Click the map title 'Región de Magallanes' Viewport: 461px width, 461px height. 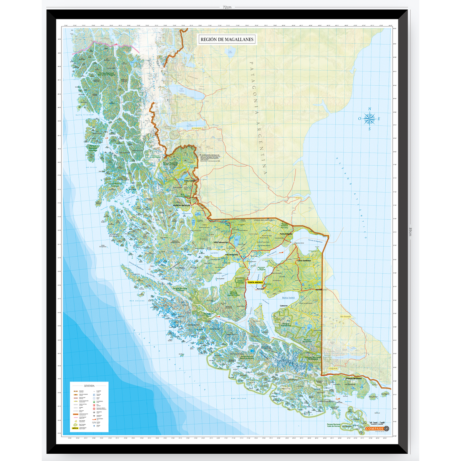pyautogui.click(x=227, y=39)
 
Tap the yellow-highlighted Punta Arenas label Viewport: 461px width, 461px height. pyautogui.click(x=255, y=282)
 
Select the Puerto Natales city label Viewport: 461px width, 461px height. pyautogui.click(x=182, y=206)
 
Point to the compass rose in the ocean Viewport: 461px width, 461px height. pyautogui.click(x=369, y=119)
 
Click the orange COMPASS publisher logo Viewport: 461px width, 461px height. pyautogui.click(x=374, y=428)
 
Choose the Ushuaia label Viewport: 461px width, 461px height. pyautogui.click(x=333, y=368)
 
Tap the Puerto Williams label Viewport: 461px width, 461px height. pyautogui.click(x=353, y=378)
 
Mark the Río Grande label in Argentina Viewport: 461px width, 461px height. pyautogui.click(x=345, y=317)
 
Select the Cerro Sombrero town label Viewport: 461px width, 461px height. pyautogui.click(x=304, y=260)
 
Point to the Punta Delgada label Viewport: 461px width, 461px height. pyautogui.click(x=286, y=234)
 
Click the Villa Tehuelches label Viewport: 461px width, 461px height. pyautogui.click(x=221, y=242)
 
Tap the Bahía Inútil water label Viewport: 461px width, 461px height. pyautogui.click(x=288, y=297)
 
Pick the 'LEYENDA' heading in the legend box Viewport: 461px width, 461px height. pyautogui.click(x=89, y=385)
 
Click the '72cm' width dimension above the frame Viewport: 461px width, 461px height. pyautogui.click(x=227, y=7)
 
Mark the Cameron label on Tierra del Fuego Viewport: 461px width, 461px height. pyautogui.click(x=284, y=306)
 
